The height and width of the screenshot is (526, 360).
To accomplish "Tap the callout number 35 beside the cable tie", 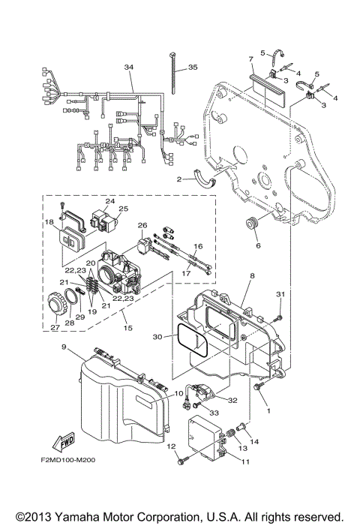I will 193,68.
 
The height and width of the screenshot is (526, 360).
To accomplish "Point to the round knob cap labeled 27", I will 55,307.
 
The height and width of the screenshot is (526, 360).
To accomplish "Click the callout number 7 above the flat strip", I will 251,58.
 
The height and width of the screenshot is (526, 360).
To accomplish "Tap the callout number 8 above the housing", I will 252,276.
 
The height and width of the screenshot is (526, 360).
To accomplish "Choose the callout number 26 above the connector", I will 142,226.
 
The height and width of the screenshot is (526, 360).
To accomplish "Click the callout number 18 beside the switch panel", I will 49,223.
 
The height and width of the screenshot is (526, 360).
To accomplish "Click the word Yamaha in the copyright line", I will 87,517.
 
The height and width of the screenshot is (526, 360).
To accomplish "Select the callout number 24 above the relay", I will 110,201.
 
